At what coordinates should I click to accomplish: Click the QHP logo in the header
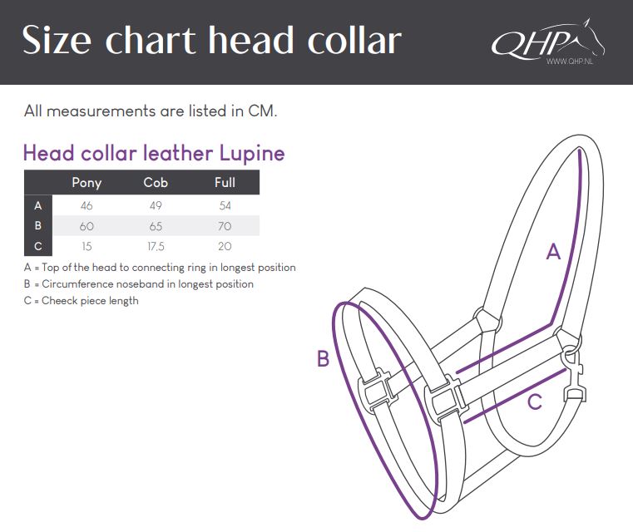point(548,41)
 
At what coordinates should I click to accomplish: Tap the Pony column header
point(87,183)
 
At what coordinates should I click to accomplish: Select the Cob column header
point(156,182)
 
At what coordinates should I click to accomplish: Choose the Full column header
point(225,182)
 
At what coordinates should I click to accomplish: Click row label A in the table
point(38,205)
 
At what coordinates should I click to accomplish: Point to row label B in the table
point(38,225)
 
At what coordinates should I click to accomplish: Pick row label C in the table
point(38,246)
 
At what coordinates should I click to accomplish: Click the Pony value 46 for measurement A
point(87,205)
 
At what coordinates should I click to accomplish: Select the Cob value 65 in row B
point(156,226)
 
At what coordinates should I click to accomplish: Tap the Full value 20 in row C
point(225,246)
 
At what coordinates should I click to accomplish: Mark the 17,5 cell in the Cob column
point(156,246)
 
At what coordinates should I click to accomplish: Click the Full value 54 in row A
point(225,205)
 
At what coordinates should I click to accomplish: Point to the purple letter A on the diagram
point(553,252)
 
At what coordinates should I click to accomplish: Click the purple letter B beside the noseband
point(323,358)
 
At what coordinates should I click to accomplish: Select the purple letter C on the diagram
point(535,402)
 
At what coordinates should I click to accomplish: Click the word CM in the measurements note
point(261,111)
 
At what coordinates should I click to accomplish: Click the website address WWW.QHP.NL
point(570,62)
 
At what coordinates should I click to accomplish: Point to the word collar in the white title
point(354,40)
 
